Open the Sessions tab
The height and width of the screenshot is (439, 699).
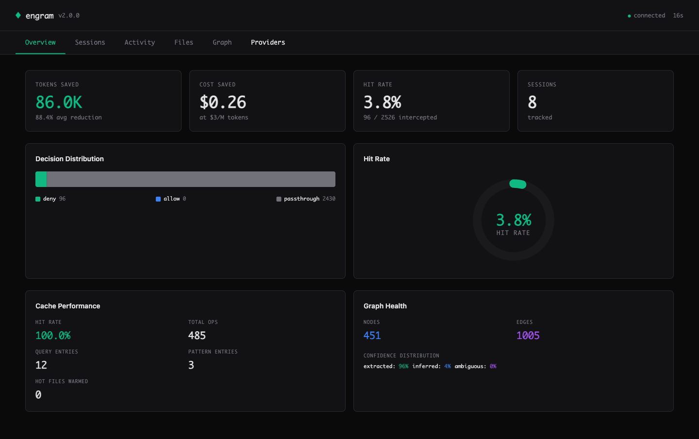(90, 43)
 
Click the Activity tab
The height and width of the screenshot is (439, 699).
(139, 43)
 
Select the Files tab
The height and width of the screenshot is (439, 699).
(183, 43)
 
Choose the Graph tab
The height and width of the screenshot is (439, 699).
(222, 43)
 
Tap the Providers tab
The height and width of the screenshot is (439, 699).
(268, 43)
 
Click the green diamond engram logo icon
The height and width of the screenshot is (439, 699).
(18, 16)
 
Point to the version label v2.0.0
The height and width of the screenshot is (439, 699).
(69, 16)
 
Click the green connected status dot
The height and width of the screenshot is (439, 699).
(629, 16)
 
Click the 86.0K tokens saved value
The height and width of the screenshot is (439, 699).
(59, 102)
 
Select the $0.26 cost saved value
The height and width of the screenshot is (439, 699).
(223, 102)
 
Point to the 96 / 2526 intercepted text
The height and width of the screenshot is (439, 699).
(400, 118)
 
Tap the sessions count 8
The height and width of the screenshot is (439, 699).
(532, 102)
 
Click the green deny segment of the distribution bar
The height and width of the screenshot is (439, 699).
(41, 179)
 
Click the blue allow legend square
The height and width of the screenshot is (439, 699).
(158, 199)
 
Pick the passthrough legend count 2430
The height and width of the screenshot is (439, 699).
(329, 199)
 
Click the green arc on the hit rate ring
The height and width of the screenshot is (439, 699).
(517, 184)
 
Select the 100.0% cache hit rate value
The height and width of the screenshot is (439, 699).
(53, 336)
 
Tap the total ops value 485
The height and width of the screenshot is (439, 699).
(197, 336)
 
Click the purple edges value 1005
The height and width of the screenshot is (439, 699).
(528, 336)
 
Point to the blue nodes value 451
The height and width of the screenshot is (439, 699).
(372, 336)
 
